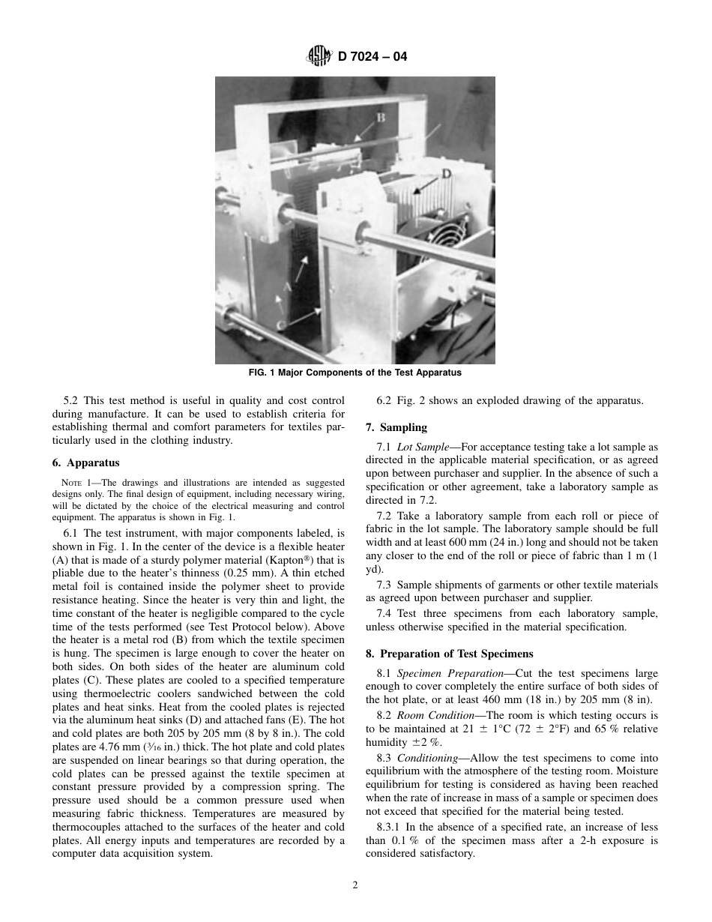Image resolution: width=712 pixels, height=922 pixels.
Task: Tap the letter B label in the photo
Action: [x=381, y=117]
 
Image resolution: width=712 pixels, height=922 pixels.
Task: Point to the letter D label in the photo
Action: [x=446, y=173]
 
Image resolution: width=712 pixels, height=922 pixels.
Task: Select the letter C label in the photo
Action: [x=280, y=324]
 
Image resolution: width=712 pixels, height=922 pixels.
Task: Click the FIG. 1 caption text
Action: [x=355, y=373]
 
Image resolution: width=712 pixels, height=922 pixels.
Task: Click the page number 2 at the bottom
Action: [x=355, y=885]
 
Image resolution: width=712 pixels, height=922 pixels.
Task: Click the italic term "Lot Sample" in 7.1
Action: [x=423, y=446]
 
